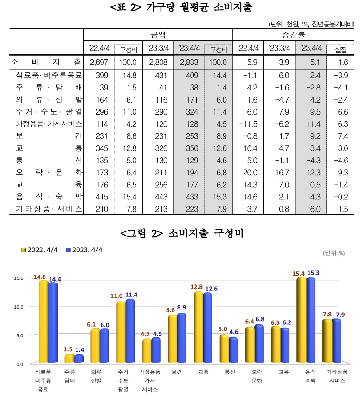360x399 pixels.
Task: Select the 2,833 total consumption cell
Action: [189, 62]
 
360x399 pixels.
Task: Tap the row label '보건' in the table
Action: [46, 136]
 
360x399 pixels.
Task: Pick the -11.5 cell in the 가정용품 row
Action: [247, 123]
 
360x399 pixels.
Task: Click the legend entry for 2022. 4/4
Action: [41, 250]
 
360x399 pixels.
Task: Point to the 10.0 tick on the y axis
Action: [19, 307]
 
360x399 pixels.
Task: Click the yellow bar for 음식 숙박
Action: [302, 320]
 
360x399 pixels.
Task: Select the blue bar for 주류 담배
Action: [79, 359]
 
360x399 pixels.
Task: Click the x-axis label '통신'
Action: [229, 372]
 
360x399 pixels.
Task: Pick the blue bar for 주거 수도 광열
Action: [130, 330]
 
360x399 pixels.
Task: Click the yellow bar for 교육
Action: [276, 344]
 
